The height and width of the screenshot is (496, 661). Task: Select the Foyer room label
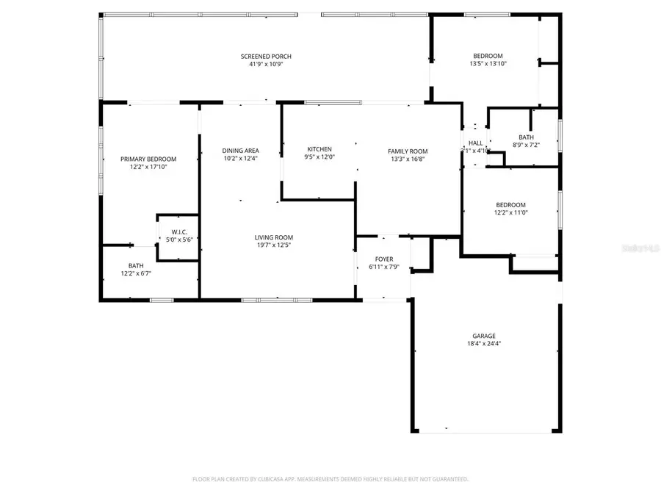point(384,259)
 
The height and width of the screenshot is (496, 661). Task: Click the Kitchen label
point(319,149)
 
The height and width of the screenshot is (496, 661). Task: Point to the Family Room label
point(408,151)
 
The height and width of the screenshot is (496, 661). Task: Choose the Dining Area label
point(240,151)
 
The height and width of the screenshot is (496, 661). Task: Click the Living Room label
point(274,237)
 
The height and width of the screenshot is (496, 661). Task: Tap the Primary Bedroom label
point(148,159)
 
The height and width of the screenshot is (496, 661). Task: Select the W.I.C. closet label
point(180,232)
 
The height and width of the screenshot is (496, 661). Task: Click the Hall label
point(476,143)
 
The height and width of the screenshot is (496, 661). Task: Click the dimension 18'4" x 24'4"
point(483,344)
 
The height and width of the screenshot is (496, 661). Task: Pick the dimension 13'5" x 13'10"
point(488,64)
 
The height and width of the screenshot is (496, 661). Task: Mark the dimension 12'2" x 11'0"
point(510,213)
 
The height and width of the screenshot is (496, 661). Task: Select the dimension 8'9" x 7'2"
point(526,145)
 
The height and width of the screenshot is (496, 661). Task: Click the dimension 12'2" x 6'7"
point(136,274)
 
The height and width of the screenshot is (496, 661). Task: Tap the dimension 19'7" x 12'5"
point(274,245)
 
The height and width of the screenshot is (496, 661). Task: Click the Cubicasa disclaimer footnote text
point(330,479)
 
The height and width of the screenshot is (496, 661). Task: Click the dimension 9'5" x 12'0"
point(319,157)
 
